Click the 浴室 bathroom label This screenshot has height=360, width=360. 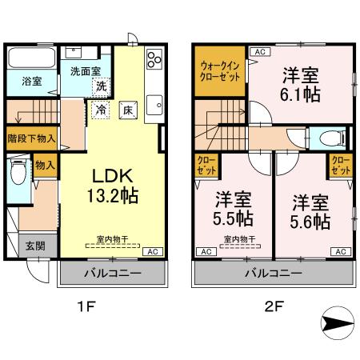point(21,81)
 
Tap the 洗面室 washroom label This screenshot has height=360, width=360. point(85,70)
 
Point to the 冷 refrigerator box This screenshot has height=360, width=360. point(102,109)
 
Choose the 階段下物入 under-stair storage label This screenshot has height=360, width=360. point(31,137)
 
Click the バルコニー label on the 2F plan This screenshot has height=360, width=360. point(273,274)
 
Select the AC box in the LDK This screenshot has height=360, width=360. point(150,251)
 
